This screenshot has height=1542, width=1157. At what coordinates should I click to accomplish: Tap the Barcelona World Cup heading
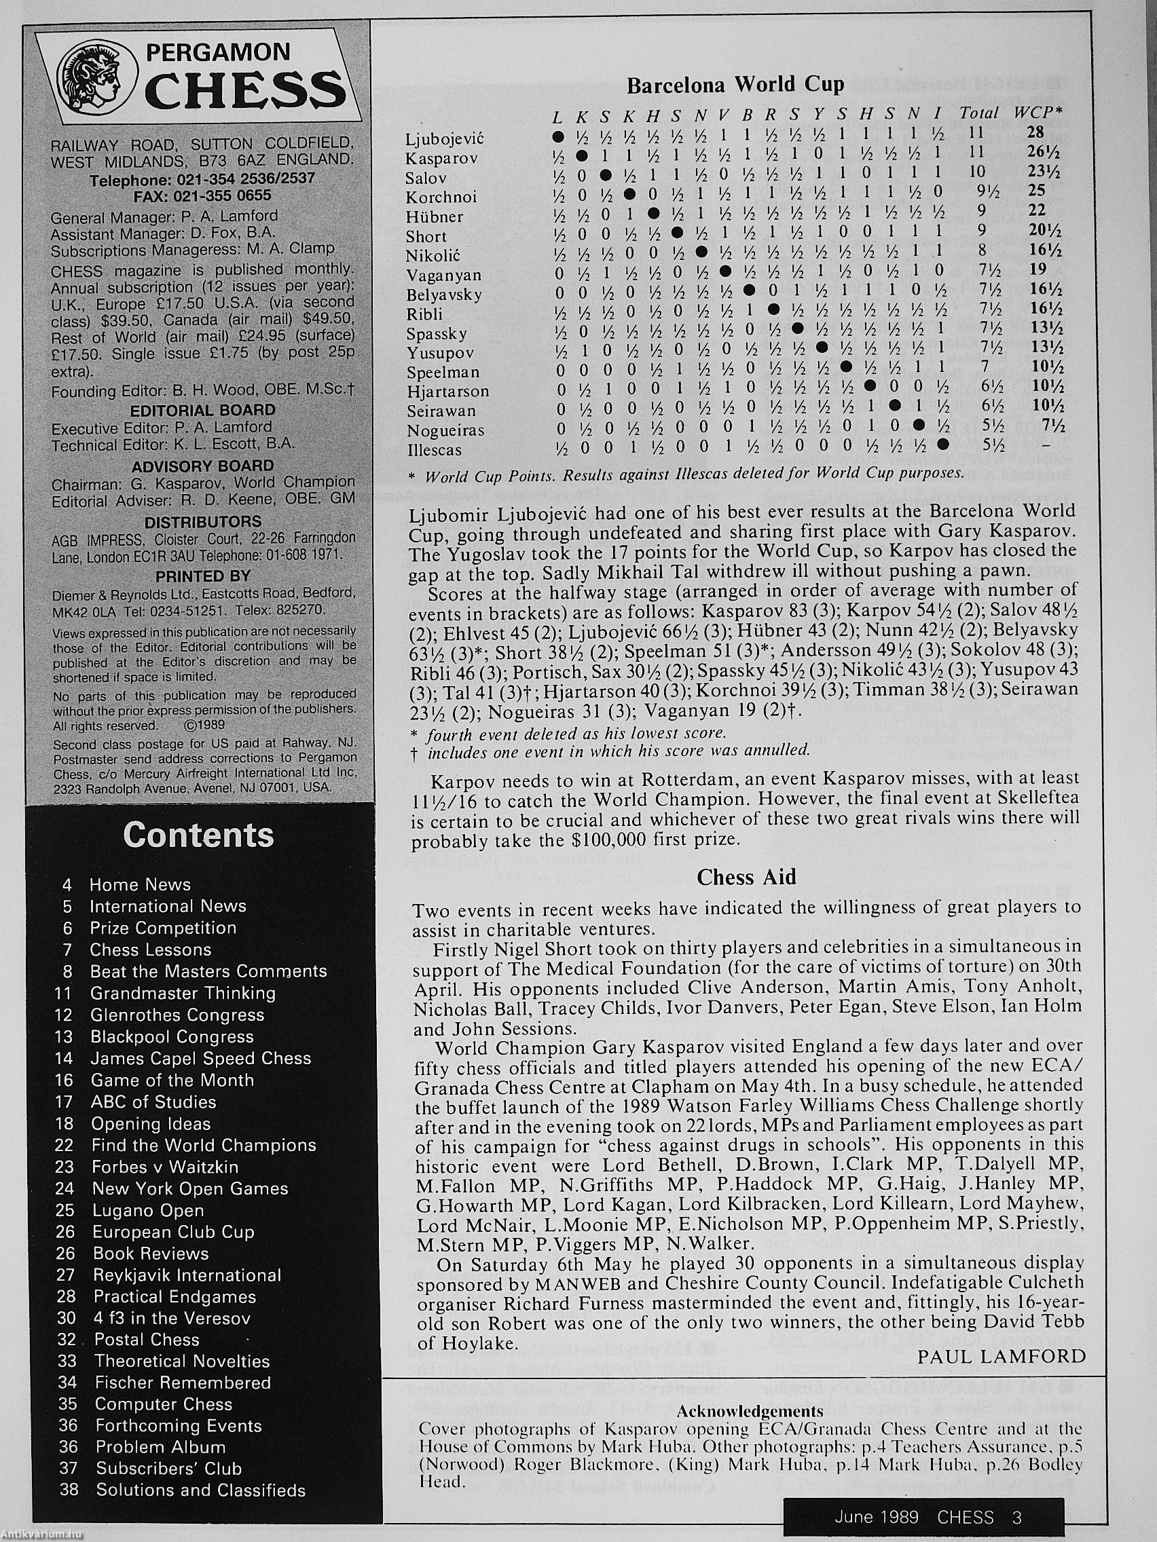coord(735,85)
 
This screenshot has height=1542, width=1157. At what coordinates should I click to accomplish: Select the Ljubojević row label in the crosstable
coord(444,138)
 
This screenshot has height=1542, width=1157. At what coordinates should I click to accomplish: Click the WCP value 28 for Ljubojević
coord(1035,132)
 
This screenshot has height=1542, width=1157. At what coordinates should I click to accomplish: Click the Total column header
coord(978,112)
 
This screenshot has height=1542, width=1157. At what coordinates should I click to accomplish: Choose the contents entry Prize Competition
coord(162,928)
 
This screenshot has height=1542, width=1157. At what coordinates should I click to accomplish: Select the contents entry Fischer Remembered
coord(182,1383)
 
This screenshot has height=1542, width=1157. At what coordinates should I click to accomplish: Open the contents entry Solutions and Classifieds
coord(200,1490)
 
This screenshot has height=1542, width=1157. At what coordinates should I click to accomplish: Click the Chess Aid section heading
coord(746,877)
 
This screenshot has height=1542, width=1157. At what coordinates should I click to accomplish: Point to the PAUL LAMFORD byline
coord(1002,1356)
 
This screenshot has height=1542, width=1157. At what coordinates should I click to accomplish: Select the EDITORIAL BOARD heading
coord(202,410)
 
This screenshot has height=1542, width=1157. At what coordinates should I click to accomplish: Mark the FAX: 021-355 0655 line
coord(202,196)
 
